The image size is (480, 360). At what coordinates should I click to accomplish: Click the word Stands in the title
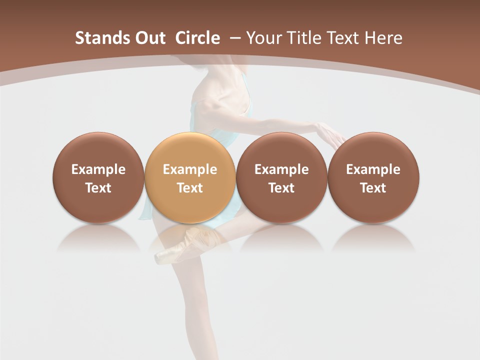[x=99, y=38]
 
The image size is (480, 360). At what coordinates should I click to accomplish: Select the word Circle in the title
[x=197, y=38]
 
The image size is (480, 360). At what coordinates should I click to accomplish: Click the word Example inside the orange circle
[x=190, y=169]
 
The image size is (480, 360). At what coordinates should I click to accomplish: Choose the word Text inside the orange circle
[x=190, y=188]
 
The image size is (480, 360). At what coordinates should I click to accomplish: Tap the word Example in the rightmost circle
[x=373, y=169]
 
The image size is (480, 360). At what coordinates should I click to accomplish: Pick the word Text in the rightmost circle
[x=373, y=188]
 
